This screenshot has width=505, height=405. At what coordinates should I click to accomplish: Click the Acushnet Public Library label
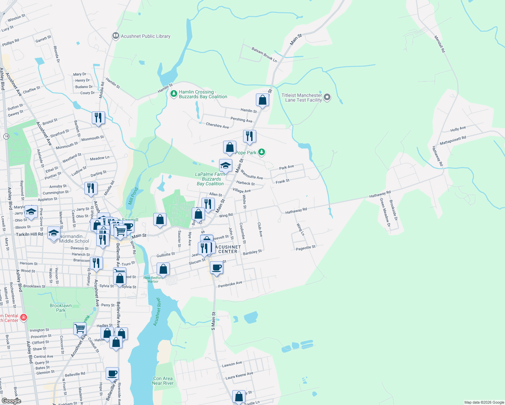(145, 36)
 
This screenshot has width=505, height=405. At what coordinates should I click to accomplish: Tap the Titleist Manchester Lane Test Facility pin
(327, 98)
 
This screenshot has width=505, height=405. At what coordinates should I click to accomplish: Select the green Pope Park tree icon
(262, 152)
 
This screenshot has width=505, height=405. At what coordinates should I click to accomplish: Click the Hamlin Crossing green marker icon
(174, 94)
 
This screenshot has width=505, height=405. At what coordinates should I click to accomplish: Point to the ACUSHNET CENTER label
(228, 249)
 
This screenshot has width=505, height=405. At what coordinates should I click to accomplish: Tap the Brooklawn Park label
(61, 308)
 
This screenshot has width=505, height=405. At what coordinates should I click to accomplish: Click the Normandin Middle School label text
(74, 239)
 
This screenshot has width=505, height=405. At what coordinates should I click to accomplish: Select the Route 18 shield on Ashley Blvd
(6, 136)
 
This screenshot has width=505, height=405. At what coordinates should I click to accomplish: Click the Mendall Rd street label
(440, 44)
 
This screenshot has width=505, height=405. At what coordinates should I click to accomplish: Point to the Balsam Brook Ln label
(264, 55)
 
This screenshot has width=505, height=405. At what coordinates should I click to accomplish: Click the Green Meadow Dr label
(385, 212)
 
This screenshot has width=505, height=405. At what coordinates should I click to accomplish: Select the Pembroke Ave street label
(230, 284)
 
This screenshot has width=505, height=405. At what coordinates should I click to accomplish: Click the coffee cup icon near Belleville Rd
(112, 374)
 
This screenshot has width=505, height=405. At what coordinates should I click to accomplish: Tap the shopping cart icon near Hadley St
(80, 328)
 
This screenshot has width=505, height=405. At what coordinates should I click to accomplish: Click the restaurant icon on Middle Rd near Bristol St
(98, 118)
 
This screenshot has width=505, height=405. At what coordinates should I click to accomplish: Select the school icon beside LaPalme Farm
(225, 165)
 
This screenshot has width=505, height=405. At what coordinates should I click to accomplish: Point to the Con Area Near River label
(163, 381)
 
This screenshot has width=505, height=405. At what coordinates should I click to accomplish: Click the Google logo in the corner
(11, 401)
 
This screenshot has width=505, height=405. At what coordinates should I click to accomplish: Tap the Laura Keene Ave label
(239, 376)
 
